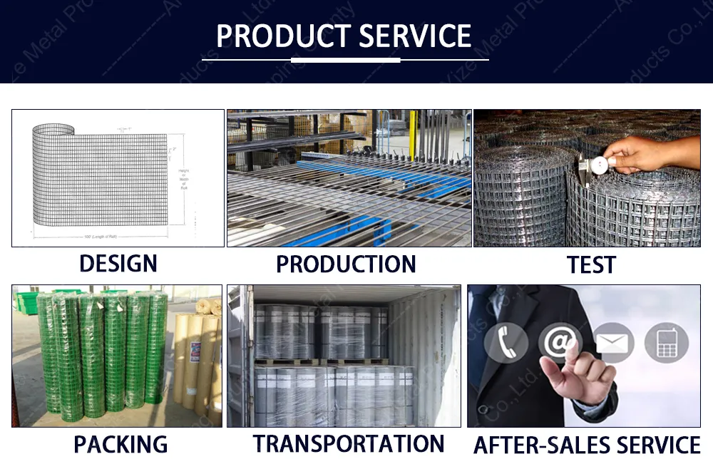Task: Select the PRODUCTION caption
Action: (x=346, y=264)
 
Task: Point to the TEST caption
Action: (x=590, y=265)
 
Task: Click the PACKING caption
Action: (x=120, y=445)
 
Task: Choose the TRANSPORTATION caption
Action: (x=349, y=443)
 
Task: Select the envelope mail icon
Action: (x=614, y=343)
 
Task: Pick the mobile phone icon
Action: (x=666, y=343)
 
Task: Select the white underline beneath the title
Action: (x=345, y=60)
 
